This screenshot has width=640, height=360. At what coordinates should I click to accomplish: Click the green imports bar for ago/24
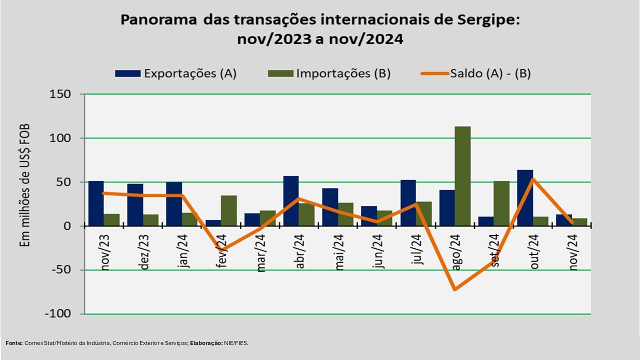(x=462, y=176)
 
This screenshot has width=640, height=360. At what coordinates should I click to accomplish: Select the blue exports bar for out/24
(x=525, y=198)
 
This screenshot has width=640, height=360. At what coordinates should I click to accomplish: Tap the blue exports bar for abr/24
(x=291, y=201)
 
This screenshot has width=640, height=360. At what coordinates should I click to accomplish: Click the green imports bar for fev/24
(x=228, y=210)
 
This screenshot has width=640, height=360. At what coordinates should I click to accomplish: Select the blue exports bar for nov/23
(x=96, y=203)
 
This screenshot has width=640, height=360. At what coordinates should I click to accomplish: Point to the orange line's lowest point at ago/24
(x=455, y=289)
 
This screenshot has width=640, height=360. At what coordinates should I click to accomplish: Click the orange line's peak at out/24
(x=533, y=179)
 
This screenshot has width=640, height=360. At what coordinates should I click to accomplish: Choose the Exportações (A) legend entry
(x=175, y=73)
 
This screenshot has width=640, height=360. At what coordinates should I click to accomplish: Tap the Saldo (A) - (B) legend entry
(x=475, y=73)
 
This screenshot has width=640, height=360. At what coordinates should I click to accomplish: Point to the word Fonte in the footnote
(x=14, y=343)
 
